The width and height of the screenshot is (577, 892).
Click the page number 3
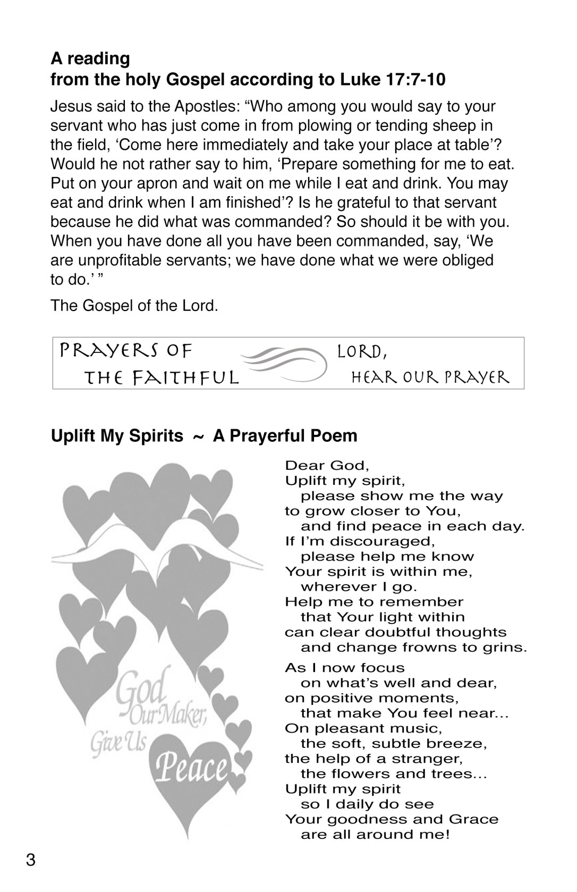pos(31,860)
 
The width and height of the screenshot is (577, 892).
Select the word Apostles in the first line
pos(208,106)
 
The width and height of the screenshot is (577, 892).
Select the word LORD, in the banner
pos(362,351)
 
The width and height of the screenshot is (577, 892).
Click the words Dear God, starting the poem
pos(327,466)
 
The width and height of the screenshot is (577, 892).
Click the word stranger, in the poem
pos(430,759)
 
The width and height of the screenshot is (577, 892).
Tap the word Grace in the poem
pos(474,819)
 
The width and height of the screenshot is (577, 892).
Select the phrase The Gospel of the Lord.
pos(134,306)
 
